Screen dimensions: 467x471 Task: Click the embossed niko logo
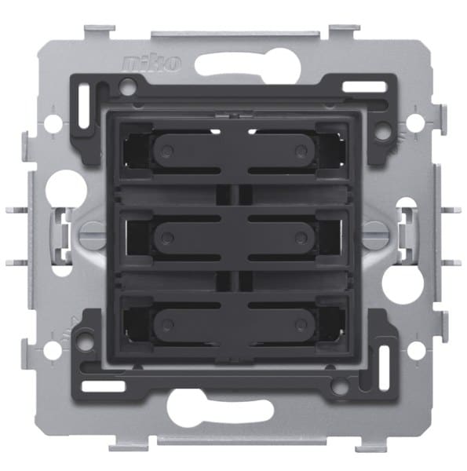[x=151, y=64]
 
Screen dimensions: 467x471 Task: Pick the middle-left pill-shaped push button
[x=187, y=238]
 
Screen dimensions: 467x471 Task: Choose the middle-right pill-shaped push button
[x=282, y=238]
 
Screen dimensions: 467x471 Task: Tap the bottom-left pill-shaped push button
[x=187, y=325]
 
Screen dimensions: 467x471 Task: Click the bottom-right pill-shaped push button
[x=282, y=325]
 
